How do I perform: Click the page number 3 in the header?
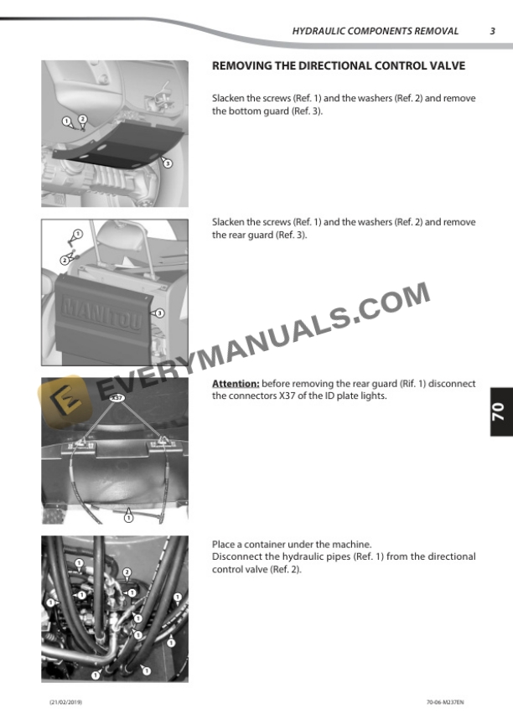point(492,31)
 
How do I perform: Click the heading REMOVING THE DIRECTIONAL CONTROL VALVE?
point(339,65)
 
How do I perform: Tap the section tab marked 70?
point(500,411)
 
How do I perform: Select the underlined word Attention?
point(236,383)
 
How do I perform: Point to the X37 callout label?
point(117,397)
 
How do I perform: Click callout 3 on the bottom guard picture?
point(168,163)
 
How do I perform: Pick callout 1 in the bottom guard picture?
point(67,122)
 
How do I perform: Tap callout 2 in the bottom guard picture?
point(83,119)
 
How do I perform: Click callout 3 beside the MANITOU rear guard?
point(160,313)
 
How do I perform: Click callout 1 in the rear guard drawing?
point(78,234)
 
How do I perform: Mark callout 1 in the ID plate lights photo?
point(129,518)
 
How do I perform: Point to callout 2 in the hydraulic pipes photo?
point(127,573)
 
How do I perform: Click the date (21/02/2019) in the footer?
point(65,702)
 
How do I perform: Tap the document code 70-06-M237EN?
point(445,702)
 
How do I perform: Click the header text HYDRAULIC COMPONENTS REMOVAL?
point(376,31)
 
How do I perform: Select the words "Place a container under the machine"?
point(292,544)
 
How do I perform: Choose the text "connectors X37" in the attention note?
point(262,396)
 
